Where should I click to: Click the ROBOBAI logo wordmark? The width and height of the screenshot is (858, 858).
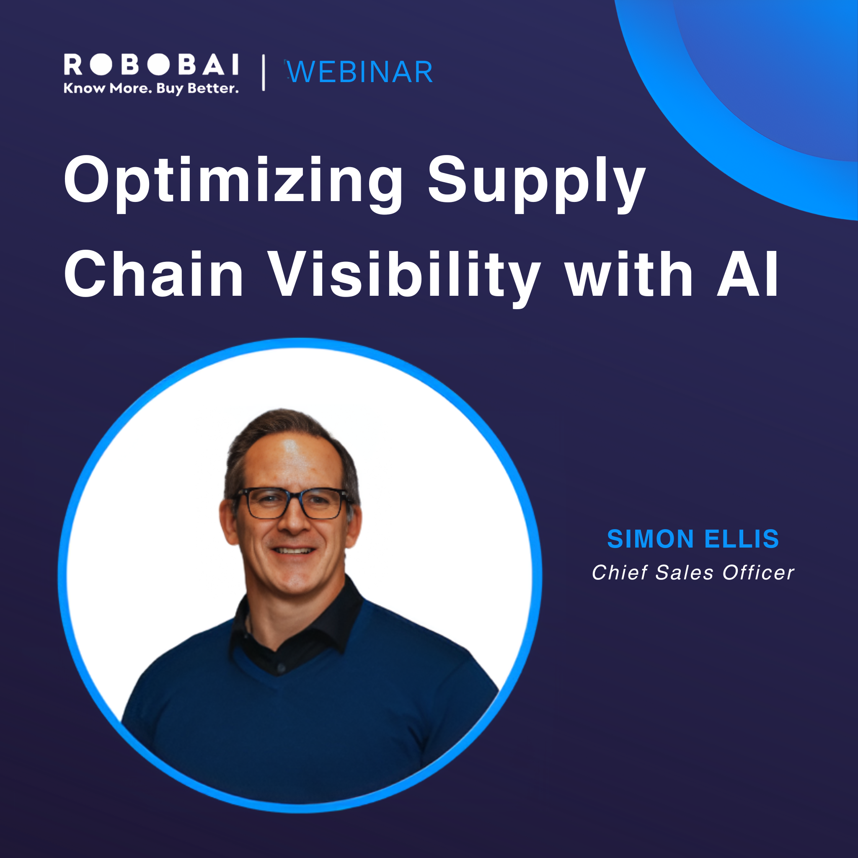151,65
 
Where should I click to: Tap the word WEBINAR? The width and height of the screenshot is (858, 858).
359,72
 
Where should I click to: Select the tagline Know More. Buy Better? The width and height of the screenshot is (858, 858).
151,88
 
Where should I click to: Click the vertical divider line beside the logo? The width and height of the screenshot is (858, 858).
264,72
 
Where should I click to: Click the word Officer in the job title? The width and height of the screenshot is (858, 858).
758,573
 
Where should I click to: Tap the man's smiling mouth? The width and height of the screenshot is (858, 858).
293,550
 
